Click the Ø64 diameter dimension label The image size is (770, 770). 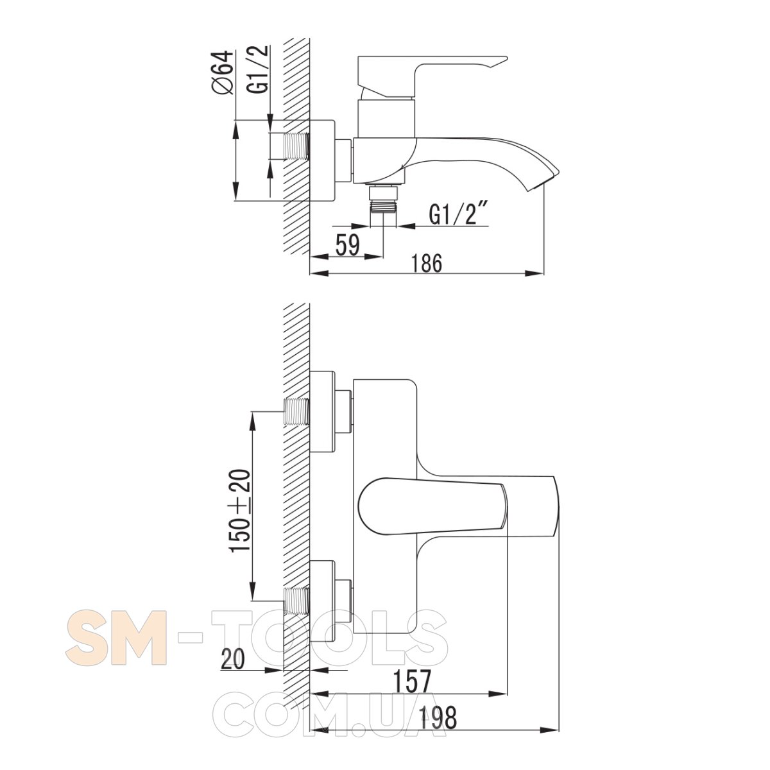(x=223, y=73)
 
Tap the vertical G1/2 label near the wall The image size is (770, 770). (x=259, y=70)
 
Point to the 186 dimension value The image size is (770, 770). (x=427, y=263)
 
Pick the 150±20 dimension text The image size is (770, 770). (x=241, y=511)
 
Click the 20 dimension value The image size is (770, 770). (x=232, y=660)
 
